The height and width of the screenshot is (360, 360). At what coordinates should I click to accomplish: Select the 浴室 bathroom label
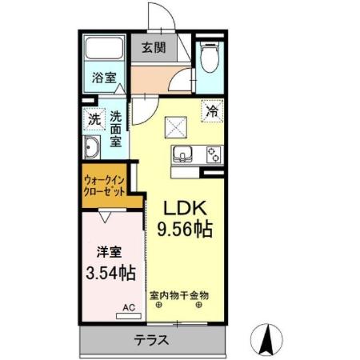click(103, 80)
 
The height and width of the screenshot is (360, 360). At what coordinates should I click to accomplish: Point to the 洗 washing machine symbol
click(94, 120)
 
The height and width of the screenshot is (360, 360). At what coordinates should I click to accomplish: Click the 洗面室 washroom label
click(116, 128)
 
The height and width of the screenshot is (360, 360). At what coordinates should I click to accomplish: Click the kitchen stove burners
click(214, 155)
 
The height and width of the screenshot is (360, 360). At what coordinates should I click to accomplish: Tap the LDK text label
click(186, 206)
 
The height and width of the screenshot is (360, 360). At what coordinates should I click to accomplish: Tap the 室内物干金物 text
click(178, 294)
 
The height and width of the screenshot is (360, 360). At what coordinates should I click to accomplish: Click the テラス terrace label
click(151, 340)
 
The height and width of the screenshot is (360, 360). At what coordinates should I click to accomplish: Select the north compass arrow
click(268, 338)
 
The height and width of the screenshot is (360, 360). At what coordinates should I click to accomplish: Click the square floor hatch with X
click(175, 126)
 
